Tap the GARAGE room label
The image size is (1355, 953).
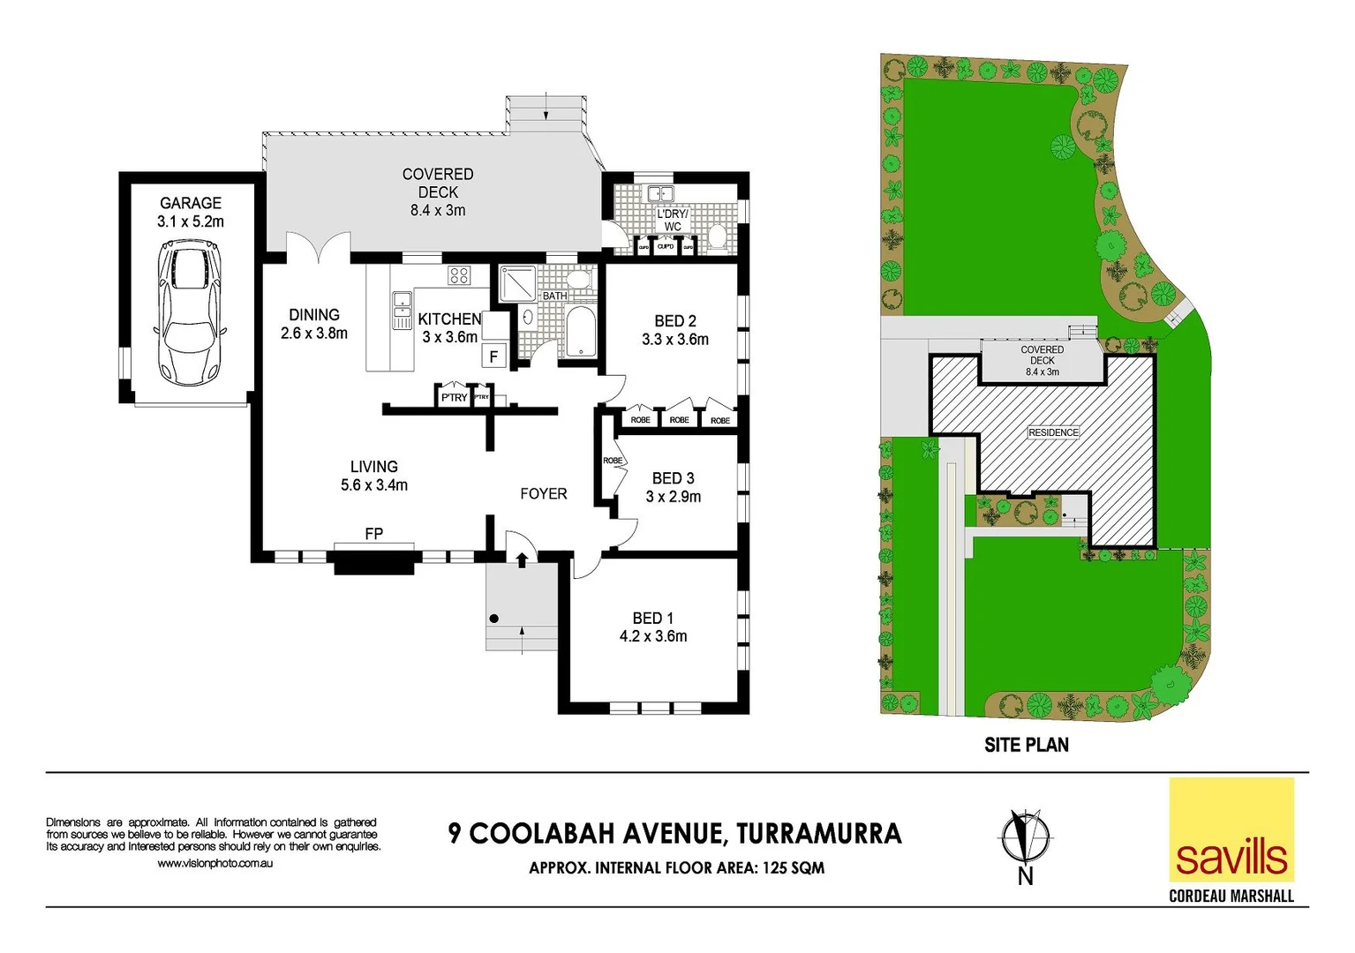[191, 203]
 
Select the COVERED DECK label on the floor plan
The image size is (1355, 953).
[438, 184]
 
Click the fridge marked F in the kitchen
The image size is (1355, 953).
[494, 356]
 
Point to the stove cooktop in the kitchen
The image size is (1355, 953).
[458, 274]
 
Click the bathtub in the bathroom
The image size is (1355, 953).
[581, 332]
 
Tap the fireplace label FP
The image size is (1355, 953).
[373, 534]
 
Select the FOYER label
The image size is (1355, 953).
[543, 494]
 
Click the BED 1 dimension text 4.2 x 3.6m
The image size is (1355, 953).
[653, 636]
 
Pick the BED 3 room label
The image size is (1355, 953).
[673, 478]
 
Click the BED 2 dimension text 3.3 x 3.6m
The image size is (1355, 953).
[675, 340]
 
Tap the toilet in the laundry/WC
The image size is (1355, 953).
[717, 236]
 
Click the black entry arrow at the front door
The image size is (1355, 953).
[522, 559]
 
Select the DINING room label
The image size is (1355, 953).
[314, 315]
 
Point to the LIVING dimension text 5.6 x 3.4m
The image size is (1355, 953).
[374, 485]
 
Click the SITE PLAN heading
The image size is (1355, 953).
[1027, 745]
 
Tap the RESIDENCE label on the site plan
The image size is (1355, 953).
[1053, 432]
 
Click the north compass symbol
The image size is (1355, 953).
[1024, 837]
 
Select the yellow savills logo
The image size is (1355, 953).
[1231, 829]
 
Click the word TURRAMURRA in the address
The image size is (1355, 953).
[818, 834]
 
